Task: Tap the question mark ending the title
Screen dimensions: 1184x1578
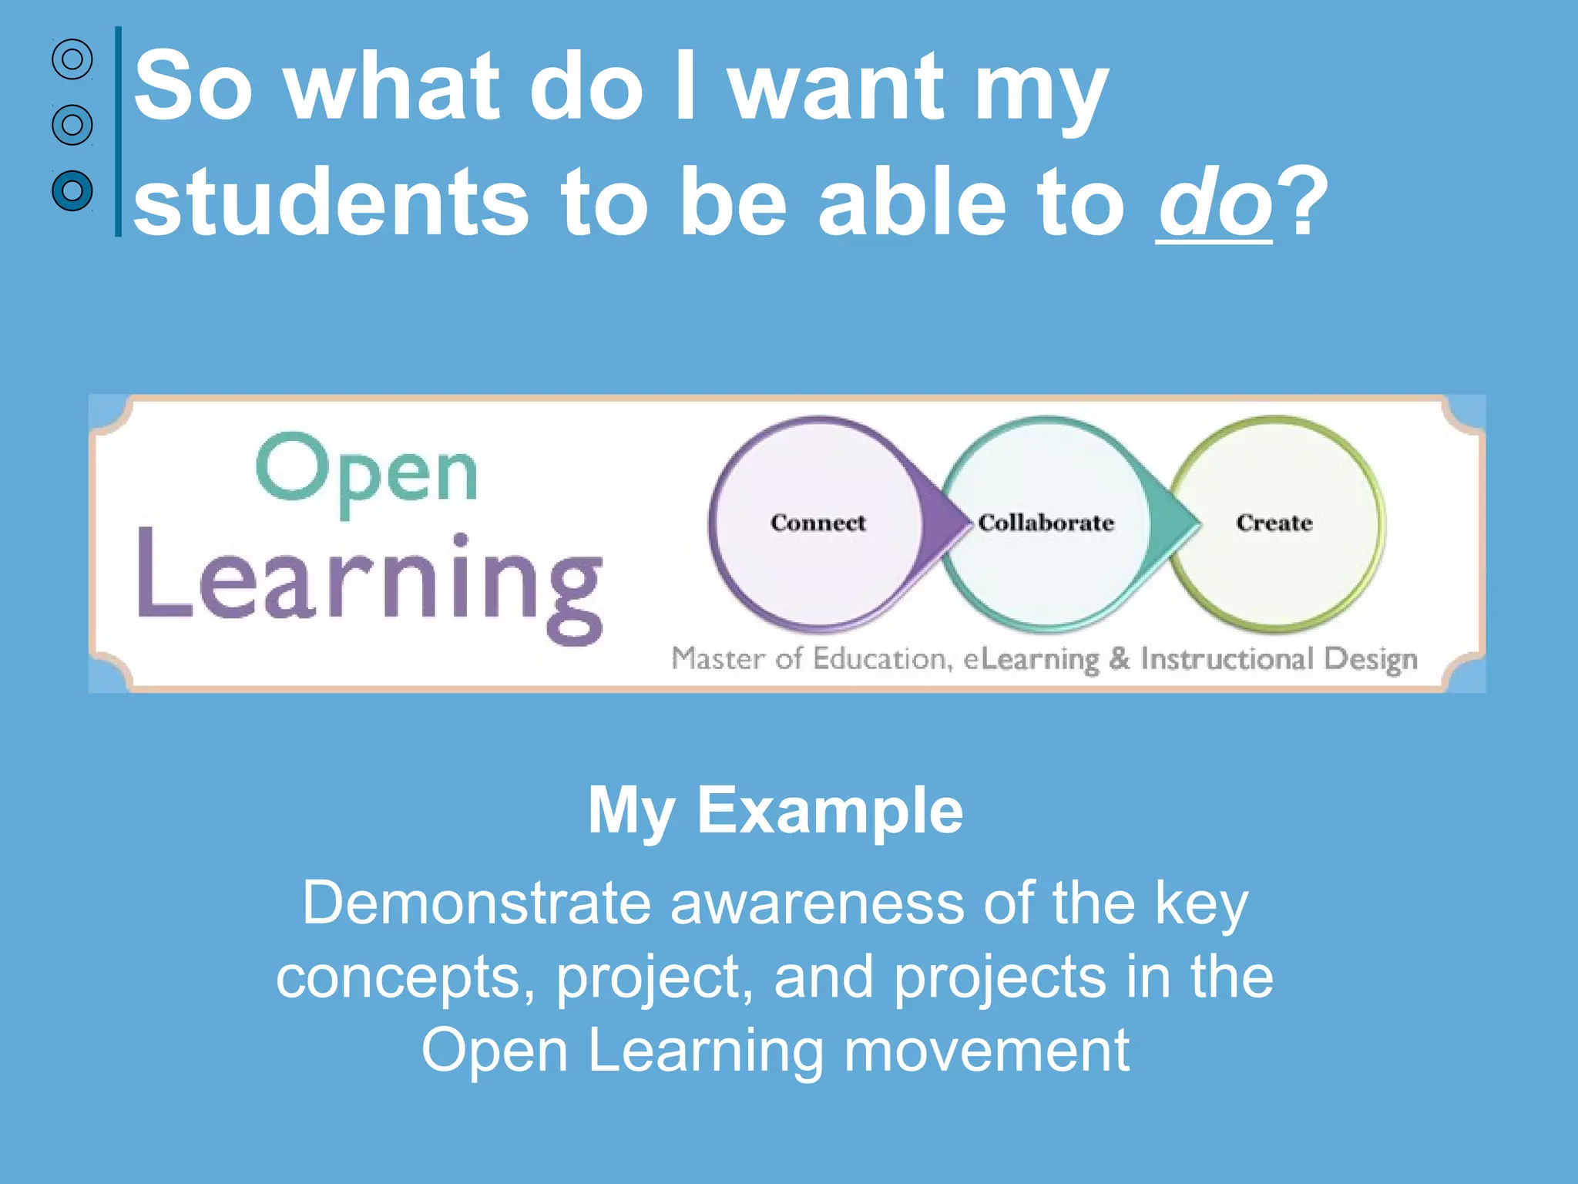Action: pyautogui.click(x=1302, y=202)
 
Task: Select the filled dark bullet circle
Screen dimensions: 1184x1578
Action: pyautogui.click(x=72, y=190)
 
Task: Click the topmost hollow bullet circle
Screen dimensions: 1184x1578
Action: pyautogui.click(x=72, y=59)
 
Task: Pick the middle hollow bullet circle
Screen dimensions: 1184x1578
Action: pyautogui.click(x=72, y=125)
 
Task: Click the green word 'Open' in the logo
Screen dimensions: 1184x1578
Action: pyautogui.click(x=367, y=472)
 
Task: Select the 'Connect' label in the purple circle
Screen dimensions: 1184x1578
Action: pyautogui.click(x=818, y=523)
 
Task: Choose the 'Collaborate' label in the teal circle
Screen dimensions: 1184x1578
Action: pyautogui.click(x=1046, y=523)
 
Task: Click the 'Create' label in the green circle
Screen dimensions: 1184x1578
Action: pyautogui.click(x=1274, y=523)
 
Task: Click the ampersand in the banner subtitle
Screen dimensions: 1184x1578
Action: pyautogui.click(x=1120, y=658)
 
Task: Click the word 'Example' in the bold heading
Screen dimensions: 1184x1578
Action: pyautogui.click(x=830, y=811)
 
